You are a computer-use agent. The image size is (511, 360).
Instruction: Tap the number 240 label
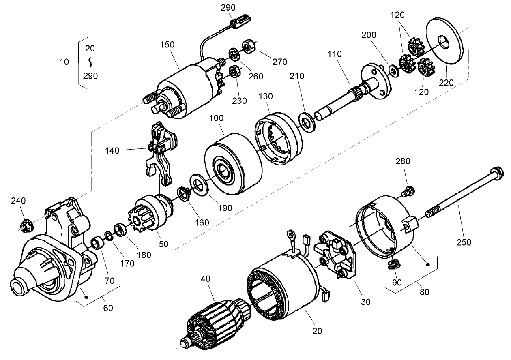tap(18, 201)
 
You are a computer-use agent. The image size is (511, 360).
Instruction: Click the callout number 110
tap(335, 54)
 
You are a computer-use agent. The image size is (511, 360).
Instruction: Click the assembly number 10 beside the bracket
tap(64, 62)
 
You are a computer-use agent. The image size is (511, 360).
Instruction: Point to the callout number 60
tap(108, 309)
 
